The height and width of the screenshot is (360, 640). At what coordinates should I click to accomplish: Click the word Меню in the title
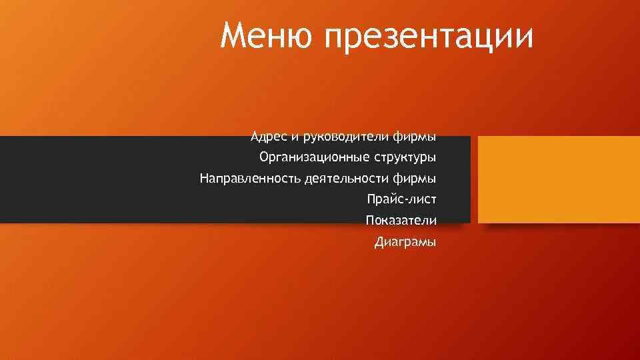267,36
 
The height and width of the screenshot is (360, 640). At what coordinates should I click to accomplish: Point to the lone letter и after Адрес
294,137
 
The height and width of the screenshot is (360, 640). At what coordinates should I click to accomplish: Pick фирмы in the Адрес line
415,137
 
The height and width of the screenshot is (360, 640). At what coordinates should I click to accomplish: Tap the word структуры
405,159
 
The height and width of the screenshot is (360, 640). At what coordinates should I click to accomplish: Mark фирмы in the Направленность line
415,179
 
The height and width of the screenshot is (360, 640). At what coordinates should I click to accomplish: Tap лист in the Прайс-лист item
422,199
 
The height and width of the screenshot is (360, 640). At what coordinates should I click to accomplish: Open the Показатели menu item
401,220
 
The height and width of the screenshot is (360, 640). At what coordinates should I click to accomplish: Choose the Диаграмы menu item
405,241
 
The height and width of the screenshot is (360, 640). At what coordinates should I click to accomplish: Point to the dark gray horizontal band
100,179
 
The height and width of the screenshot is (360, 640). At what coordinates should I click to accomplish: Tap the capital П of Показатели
370,220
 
